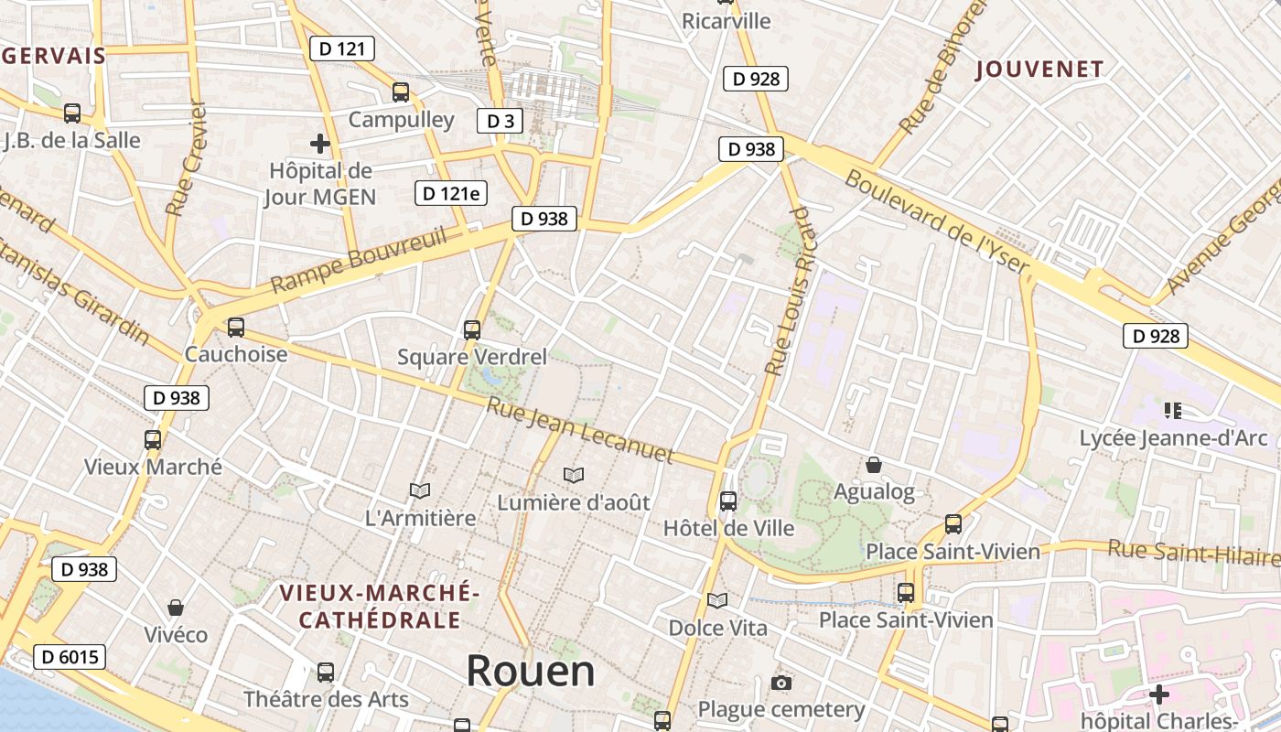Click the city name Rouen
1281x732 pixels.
(x=531, y=671)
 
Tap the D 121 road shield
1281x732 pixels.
(x=342, y=48)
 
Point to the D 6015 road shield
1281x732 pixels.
(x=70, y=656)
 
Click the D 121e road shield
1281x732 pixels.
(x=451, y=193)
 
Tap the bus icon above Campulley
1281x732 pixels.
(x=400, y=91)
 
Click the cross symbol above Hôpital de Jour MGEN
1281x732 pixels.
(x=319, y=144)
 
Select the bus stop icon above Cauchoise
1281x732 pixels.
(x=235, y=327)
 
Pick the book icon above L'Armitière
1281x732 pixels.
(x=420, y=491)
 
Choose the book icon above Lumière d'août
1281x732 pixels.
(x=574, y=476)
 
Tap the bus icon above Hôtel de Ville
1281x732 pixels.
(x=728, y=501)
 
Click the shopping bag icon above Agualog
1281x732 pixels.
(x=874, y=465)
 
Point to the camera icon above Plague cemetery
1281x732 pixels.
(x=780, y=683)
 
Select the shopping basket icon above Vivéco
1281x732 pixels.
(x=176, y=608)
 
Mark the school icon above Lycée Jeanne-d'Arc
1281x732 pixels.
(x=1172, y=411)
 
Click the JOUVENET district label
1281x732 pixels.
(x=1039, y=69)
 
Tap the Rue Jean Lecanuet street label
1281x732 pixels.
(x=580, y=430)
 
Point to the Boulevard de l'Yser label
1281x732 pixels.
(x=937, y=221)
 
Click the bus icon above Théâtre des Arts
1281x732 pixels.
(x=326, y=673)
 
